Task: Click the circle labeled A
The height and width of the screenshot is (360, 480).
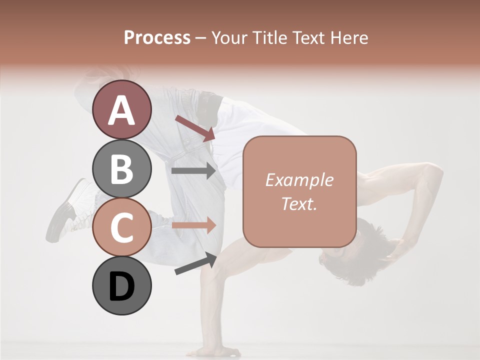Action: tap(121, 109)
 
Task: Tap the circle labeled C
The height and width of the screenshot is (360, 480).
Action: tap(121, 227)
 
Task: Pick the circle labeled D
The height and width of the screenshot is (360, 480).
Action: tap(121, 286)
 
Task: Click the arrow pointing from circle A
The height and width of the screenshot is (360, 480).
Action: tap(195, 128)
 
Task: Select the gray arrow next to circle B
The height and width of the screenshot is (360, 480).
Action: tap(193, 171)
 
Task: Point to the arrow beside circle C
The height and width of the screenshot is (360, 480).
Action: tap(193, 225)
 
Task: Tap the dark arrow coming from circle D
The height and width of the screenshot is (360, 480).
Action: tap(195, 264)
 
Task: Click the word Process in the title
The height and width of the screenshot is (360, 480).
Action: tap(157, 37)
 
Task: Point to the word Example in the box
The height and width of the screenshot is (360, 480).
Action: tap(299, 180)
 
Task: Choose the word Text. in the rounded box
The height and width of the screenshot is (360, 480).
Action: tap(299, 203)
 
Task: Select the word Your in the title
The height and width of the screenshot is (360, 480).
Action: tap(229, 37)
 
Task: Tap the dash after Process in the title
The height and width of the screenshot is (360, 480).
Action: tap(200, 38)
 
